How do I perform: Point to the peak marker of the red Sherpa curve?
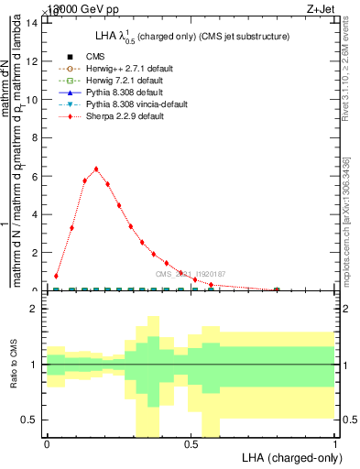[96, 169]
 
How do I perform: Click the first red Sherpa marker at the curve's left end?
[57, 276]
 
